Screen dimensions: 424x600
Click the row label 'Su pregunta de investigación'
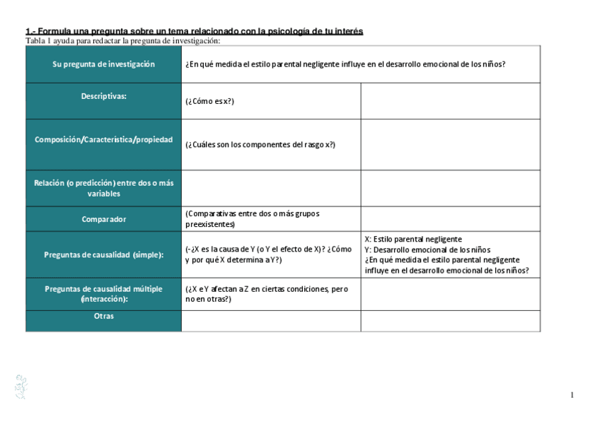[x=103, y=64]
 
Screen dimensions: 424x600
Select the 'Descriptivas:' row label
[x=103, y=96]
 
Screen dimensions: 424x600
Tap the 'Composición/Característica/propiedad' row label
[x=103, y=140]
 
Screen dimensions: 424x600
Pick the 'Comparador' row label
[x=103, y=219]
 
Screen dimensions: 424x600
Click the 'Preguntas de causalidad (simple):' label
[x=103, y=254]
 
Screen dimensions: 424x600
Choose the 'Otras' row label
[x=103, y=316]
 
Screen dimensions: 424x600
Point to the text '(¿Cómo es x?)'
[x=209, y=101]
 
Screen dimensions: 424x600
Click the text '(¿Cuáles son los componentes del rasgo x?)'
[x=260, y=145]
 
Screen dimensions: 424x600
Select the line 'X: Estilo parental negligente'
[x=413, y=240]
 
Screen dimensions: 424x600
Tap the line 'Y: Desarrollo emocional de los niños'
[x=427, y=249]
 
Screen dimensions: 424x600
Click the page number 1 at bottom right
[x=572, y=394]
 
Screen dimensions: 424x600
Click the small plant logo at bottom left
[x=21, y=387]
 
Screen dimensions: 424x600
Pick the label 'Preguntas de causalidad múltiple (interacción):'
[x=103, y=294]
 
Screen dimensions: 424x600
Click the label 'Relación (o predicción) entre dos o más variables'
[x=103, y=188]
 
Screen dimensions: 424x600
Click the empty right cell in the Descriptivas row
[x=451, y=101]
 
